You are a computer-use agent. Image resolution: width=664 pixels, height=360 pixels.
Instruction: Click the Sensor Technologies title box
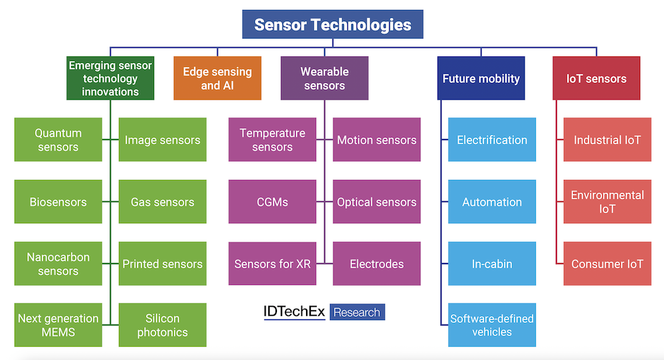[333, 25]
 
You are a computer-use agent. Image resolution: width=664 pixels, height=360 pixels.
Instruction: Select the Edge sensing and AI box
[217, 78]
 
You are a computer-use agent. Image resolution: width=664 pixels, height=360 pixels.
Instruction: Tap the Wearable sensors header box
[324, 78]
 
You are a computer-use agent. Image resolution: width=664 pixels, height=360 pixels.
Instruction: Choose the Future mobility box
[481, 78]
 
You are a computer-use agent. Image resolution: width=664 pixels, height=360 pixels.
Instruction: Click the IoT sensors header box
[596, 78]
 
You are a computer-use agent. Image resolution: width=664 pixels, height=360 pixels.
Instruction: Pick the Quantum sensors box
[58, 140]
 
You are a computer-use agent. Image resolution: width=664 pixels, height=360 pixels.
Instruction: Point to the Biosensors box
[58, 202]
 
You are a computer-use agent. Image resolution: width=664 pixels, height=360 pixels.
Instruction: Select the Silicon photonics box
[163, 325]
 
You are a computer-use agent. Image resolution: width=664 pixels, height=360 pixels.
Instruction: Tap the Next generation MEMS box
[58, 325]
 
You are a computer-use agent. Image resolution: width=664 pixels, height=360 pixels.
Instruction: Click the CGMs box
[272, 202]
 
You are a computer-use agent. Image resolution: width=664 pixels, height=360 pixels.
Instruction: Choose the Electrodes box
[376, 264]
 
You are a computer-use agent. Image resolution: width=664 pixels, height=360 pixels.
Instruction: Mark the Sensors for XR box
[272, 264]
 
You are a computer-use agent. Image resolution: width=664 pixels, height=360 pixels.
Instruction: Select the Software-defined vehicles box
[492, 325]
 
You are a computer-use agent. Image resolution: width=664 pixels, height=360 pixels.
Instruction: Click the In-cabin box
[492, 264]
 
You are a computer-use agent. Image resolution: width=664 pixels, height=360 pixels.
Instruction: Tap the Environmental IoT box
[608, 202]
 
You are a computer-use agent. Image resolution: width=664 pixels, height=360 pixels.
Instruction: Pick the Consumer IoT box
[608, 264]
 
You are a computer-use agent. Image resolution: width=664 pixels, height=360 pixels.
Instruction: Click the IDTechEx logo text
[294, 312]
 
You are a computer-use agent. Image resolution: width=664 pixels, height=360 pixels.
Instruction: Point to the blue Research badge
[357, 312]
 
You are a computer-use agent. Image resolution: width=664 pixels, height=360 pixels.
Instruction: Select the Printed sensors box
[163, 264]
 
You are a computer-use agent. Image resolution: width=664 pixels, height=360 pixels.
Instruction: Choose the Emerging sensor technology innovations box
[110, 78]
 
